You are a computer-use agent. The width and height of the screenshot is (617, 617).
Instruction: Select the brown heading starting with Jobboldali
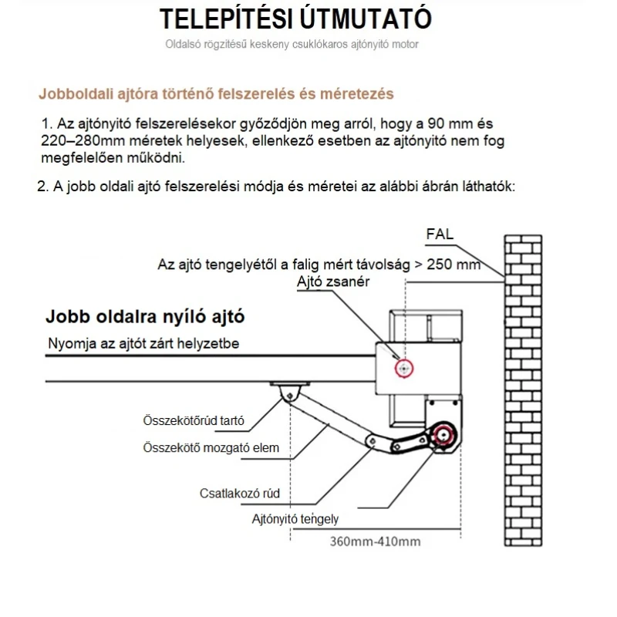pyautogui.click(x=216, y=94)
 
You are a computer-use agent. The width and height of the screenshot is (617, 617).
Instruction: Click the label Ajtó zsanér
pyautogui.click(x=334, y=282)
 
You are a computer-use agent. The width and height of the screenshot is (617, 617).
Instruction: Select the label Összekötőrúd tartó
pyautogui.click(x=194, y=421)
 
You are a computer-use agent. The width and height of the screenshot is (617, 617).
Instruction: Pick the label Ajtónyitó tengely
pyautogui.click(x=295, y=519)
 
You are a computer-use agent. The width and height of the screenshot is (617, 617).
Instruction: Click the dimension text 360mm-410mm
pyautogui.click(x=376, y=541)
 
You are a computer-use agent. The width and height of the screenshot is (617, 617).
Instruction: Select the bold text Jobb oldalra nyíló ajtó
pyautogui.click(x=150, y=317)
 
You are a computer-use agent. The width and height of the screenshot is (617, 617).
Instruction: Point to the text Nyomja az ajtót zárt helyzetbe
pyautogui.click(x=143, y=343)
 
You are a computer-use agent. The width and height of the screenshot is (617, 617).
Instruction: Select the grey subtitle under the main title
pyautogui.click(x=292, y=45)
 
